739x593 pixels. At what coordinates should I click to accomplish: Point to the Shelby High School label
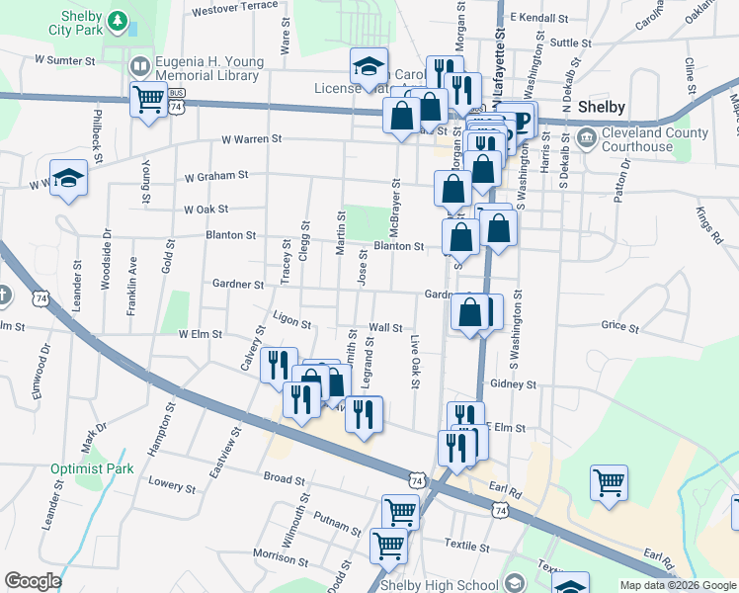(x=440, y=585)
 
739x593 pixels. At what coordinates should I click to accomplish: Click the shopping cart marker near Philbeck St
(x=147, y=100)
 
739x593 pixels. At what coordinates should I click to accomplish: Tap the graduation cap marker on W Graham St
(x=68, y=178)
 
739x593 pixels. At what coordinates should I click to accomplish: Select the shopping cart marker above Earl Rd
(x=609, y=482)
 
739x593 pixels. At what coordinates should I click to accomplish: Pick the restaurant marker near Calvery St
(x=280, y=364)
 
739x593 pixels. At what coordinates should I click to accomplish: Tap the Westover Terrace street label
(x=236, y=7)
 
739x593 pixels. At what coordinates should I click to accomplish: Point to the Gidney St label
(x=512, y=383)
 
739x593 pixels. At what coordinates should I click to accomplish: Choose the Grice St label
(x=620, y=325)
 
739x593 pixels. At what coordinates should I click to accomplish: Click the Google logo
(x=33, y=582)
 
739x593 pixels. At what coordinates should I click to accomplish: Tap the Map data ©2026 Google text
(x=677, y=585)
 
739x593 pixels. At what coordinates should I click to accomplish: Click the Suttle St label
(x=572, y=42)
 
